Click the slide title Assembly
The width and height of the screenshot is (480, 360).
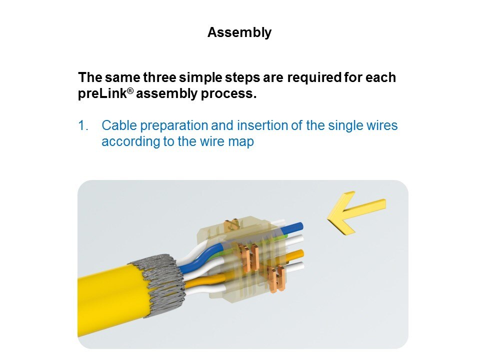coord(239,32)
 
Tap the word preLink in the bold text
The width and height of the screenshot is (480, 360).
coord(102,93)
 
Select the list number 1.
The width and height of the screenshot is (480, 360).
coord(83,125)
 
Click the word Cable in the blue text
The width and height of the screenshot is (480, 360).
coord(119,125)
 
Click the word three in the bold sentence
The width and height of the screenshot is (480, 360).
coord(160,77)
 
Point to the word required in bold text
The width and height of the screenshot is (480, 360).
coord(314,78)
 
